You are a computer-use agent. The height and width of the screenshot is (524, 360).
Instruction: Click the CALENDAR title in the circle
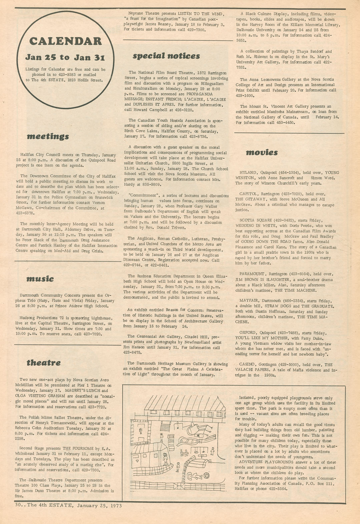point(65,41)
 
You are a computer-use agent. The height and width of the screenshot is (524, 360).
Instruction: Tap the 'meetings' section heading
point(48,136)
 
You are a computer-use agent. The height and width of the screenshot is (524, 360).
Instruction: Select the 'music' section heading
point(40,279)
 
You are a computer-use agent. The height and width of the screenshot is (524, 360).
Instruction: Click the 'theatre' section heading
point(43,363)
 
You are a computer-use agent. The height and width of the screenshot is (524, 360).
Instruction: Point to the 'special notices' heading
point(166,56)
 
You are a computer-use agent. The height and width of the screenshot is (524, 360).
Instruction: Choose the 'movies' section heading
point(262,153)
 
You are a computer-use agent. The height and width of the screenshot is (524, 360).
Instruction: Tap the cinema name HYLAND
point(248,173)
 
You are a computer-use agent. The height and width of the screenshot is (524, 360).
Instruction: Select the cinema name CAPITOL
point(249,194)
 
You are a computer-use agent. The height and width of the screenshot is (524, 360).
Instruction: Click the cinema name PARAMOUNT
point(252,274)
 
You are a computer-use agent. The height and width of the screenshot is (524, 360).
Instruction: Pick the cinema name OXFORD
point(248,333)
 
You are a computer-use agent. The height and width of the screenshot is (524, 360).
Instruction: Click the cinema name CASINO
point(248,365)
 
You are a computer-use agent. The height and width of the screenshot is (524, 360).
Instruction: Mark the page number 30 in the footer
point(18,505)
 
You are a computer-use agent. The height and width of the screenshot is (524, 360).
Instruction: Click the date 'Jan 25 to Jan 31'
point(65,58)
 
